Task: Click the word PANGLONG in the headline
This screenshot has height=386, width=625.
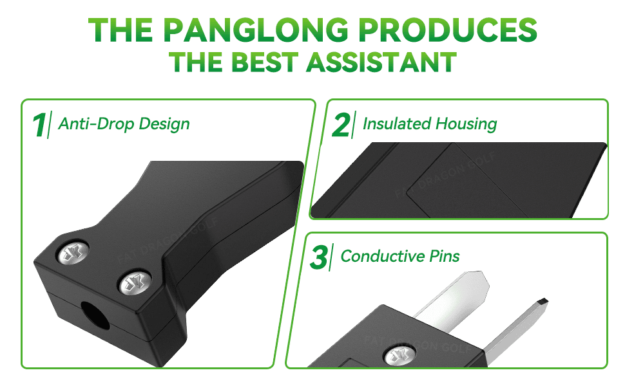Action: (256, 30)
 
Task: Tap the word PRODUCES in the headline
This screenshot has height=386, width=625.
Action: (448, 30)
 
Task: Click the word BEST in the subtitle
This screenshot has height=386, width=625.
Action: (264, 62)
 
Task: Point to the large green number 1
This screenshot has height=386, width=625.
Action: (39, 125)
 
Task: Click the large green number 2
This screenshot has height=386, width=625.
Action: (341, 125)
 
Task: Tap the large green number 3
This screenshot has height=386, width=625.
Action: (319, 257)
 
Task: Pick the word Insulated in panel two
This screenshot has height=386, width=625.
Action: (397, 124)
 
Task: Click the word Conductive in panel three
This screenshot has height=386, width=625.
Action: (382, 256)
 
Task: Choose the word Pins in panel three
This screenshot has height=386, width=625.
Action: (445, 256)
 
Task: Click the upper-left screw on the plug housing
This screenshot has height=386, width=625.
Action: (73, 252)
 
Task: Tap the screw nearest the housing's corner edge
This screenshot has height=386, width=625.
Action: (135, 283)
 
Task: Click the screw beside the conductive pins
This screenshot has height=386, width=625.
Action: (399, 356)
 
